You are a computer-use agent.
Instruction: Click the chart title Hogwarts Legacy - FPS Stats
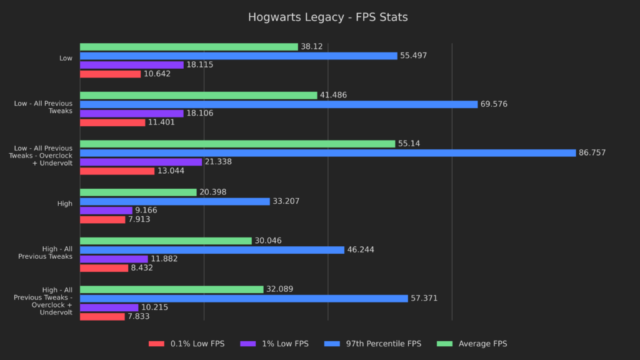[327, 17]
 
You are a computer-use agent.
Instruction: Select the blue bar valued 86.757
[327, 152]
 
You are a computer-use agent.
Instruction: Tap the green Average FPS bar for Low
[189, 47]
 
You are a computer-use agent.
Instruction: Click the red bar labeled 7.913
[102, 219]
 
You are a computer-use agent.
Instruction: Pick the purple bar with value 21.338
[141, 162]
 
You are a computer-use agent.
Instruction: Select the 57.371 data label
[424, 298]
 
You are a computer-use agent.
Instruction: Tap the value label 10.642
[157, 74]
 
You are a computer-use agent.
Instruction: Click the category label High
[66, 203]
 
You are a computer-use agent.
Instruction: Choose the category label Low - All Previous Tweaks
[44, 107]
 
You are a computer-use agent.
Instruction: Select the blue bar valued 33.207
[175, 201]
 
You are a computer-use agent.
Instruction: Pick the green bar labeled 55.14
[237, 144]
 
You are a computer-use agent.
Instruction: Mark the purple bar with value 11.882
[114, 259]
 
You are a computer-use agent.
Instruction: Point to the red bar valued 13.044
[117, 171]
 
